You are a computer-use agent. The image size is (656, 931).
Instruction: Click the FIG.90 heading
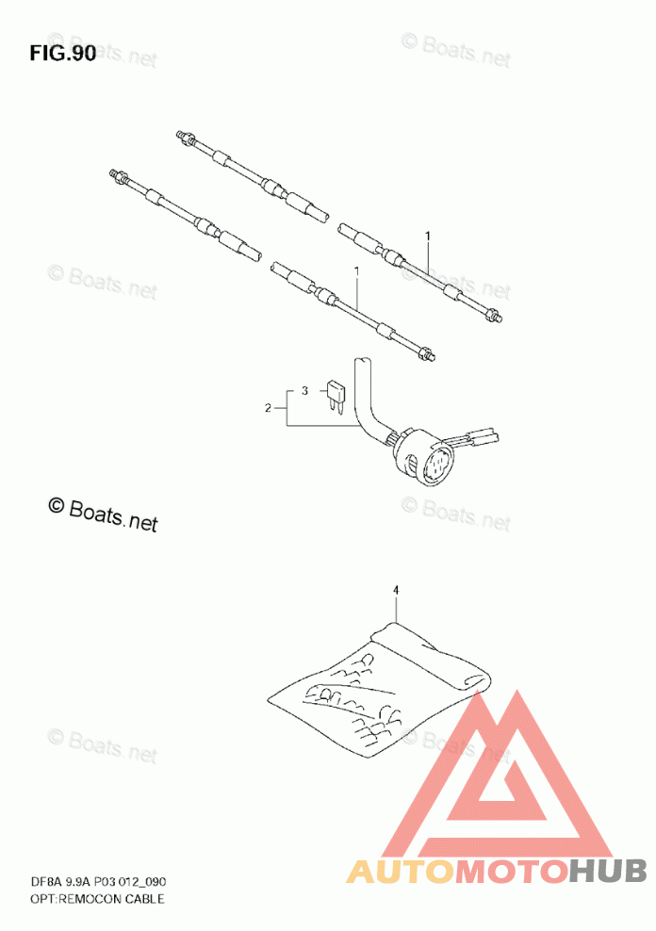click(x=63, y=53)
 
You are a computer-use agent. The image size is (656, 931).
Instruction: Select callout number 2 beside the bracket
click(x=269, y=408)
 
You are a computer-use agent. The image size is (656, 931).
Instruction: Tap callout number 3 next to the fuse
click(x=304, y=389)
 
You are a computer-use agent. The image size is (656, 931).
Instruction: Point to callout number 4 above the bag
click(x=396, y=590)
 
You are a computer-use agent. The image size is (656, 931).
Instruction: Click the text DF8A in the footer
click(x=45, y=881)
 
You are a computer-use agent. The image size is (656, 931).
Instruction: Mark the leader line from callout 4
click(x=396, y=608)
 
